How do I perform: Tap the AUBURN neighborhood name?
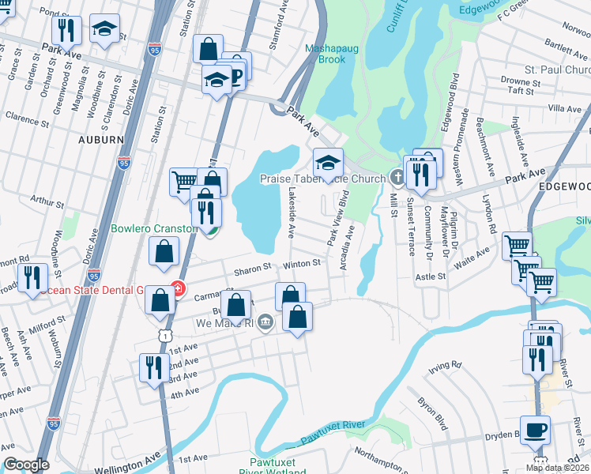[x=100, y=139]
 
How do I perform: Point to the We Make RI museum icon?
[x=265, y=322]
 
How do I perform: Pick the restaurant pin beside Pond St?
[x=66, y=31]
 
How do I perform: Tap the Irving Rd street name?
[x=445, y=365]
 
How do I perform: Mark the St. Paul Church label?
[x=552, y=70]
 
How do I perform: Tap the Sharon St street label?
[x=252, y=267]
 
